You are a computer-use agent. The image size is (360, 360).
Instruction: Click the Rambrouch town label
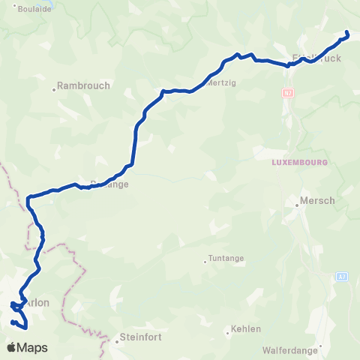85,85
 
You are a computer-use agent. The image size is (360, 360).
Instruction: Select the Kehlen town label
246,328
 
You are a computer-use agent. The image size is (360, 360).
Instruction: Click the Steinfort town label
141,337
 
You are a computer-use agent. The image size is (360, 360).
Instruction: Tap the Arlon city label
37,303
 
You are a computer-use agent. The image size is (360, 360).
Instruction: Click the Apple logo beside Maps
11,348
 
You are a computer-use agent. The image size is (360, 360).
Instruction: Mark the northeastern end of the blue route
346,32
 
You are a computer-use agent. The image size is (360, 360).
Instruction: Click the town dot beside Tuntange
205,262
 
